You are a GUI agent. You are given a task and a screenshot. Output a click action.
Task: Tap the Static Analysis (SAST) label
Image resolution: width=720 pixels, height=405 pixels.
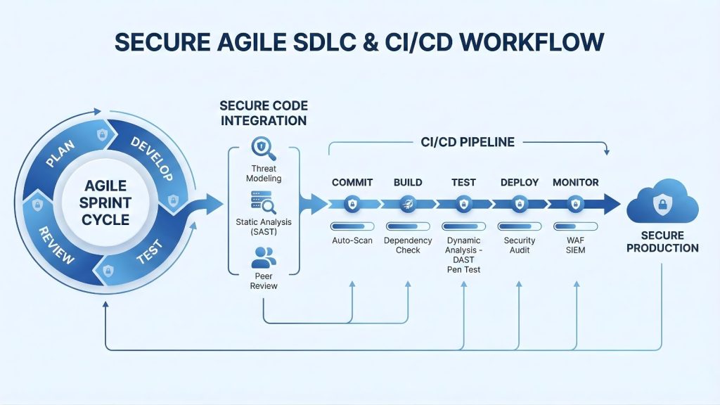[x=264, y=227]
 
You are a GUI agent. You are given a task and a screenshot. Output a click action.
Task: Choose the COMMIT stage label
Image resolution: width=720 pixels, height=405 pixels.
[x=352, y=182]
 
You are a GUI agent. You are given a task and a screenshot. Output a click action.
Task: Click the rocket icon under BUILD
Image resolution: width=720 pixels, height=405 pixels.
[x=407, y=205]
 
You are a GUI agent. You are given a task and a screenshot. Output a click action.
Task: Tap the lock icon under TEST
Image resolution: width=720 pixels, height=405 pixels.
[x=463, y=205]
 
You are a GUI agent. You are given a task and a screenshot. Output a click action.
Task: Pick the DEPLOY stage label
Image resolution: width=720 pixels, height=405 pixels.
[x=519, y=182]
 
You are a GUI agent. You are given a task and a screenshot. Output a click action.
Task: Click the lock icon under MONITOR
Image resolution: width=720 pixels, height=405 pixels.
[x=575, y=205]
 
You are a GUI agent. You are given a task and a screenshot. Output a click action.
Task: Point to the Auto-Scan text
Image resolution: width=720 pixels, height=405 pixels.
[x=352, y=240]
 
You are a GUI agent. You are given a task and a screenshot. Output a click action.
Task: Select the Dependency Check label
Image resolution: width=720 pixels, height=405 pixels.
[x=407, y=245]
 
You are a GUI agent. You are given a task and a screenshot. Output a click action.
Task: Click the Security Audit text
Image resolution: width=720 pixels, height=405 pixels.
[x=519, y=245]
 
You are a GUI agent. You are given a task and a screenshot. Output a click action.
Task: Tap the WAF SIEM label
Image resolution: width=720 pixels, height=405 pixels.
[x=575, y=245]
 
